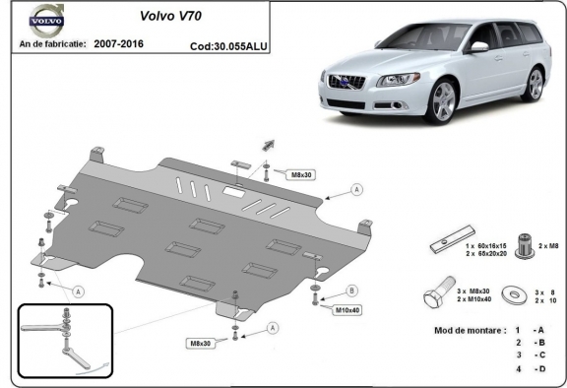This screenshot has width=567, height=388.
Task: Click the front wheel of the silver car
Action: point(444,101)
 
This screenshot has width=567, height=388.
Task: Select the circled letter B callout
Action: point(352,291)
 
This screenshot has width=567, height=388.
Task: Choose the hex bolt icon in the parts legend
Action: point(439,294)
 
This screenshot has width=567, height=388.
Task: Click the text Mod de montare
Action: point(469,329)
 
